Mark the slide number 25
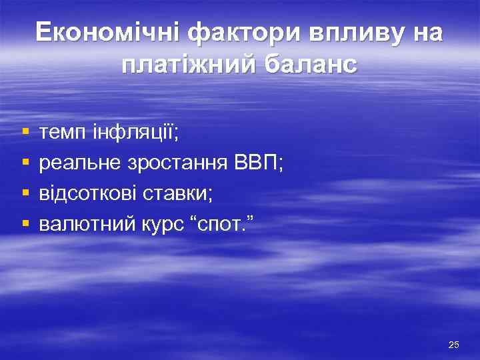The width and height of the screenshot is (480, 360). (454, 345)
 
